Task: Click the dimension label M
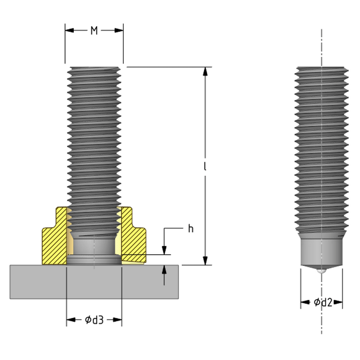(x=94, y=31)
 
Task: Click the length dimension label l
(x=205, y=166)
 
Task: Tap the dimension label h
(x=190, y=229)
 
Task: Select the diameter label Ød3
(x=94, y=320)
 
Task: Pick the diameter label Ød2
(x=323, y=302)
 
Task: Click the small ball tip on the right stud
(x=321, y=271)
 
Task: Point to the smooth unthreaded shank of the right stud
(x=321, y=250)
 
